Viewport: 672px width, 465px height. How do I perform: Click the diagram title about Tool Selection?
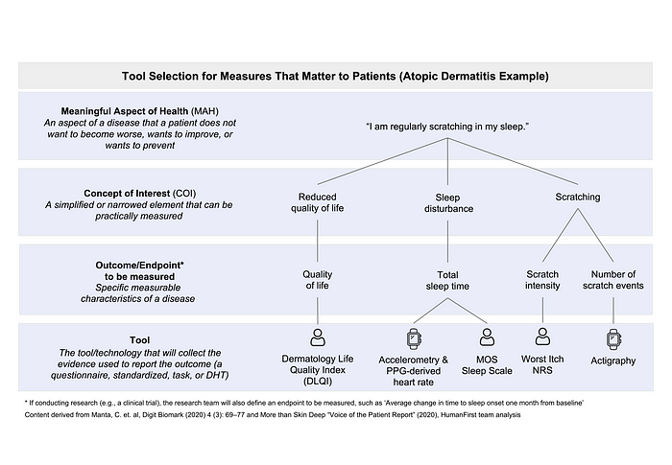[x=335, y=76]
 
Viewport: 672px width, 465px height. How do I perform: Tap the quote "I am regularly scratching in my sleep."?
[x=447, y=127]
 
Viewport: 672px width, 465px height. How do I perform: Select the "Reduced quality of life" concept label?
[x=317, y=202]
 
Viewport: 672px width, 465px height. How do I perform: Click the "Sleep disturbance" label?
[x=448, y=203]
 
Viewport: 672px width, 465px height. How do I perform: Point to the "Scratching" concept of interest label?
[x=578, y=197]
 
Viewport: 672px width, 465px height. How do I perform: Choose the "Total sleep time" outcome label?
[x=447, y=281]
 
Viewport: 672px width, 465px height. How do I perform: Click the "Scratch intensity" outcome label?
[x=542, y=280]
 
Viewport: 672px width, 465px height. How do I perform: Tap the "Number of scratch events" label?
[x=613, y=280]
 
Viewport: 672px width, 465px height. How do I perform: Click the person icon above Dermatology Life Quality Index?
[x=318, y=337]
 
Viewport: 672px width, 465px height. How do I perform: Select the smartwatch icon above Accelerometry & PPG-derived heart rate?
[x=414, y=338]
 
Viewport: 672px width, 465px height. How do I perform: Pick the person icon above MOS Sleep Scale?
[x=487, y=337]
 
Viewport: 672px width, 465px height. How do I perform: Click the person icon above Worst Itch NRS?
[x=542, y=337]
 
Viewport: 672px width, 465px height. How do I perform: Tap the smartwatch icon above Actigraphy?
[x=613, y=339]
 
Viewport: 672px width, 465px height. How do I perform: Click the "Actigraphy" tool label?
[x=613, y=360]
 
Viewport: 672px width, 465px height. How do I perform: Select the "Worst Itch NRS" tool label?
[x=542, y=364]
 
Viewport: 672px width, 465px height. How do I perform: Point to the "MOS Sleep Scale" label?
[x=487, y=365]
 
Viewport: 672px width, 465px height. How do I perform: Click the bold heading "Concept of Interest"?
[x=128, y=193]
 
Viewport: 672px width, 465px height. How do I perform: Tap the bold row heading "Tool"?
[x=140, y=340]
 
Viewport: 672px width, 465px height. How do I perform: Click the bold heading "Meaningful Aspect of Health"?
[x=125, y=111]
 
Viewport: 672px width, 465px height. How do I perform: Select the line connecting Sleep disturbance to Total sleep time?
[x=448, y=242]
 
